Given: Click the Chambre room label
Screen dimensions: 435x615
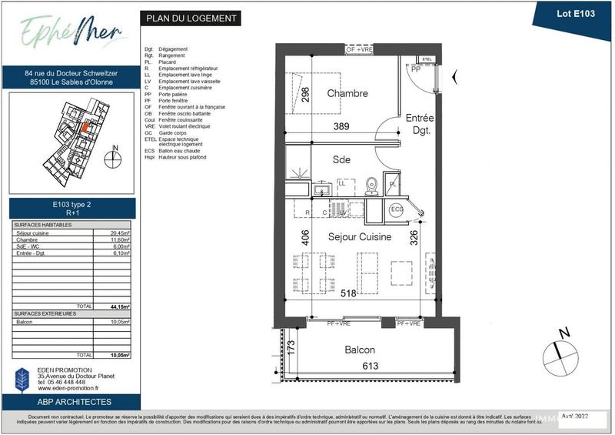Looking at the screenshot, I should [x=347, y=94].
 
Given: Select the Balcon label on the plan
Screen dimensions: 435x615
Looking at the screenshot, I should [x=360, y=350].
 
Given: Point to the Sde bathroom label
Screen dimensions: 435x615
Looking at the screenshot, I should [x=341, y=160].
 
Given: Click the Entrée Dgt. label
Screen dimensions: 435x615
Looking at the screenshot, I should [x=420, y=125].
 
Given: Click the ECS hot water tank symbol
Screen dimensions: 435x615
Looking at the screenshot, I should [x=397, y=209].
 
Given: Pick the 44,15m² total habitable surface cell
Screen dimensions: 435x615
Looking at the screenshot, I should [x=118, y=306].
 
